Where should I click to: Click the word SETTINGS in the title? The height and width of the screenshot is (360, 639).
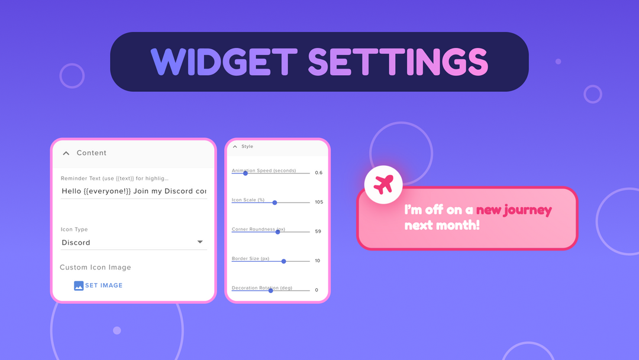(398, 62)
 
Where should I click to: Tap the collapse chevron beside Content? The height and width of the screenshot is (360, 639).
(66, 153)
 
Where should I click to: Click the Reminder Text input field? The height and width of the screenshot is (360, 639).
(134, 191)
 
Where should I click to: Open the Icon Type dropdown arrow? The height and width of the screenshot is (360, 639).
(200, 242)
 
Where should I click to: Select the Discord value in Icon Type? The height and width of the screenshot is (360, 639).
(76, 243)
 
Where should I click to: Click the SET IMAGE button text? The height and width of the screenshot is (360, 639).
(104, 285)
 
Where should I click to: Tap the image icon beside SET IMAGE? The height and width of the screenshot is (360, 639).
(79, 285)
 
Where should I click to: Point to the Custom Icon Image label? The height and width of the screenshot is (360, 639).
(95, 268)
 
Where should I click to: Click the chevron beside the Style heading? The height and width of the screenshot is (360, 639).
(235, 146)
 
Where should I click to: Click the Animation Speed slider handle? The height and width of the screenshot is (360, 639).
(246, 173)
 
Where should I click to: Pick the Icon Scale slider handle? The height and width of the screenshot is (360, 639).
(275, 202)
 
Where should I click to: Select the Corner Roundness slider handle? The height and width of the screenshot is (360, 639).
(277, 232)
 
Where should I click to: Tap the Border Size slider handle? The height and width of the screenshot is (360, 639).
(284, 261)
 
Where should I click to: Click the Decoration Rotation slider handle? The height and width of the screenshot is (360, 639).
(271, 290)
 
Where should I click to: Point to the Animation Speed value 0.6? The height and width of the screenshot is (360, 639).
(318, 173)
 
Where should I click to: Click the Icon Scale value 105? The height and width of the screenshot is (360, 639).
(319, 202)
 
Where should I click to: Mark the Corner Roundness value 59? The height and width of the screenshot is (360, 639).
(318, 232)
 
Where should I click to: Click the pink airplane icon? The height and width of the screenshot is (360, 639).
(383, 184)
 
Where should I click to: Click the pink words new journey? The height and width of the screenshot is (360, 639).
(514, 210)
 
